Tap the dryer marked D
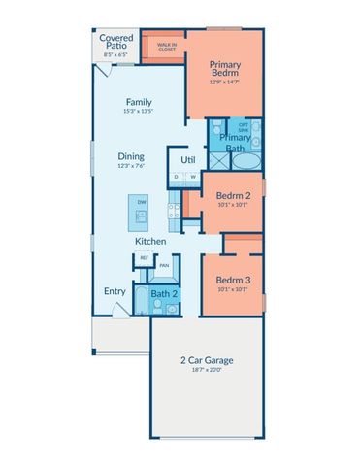click(x=177, y=177)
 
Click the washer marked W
click(x=192, y=177)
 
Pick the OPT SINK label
click(x=244, y=125)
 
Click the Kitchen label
click(x=149, y=241)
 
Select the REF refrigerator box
click(x=143, y=258)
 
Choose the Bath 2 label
click(x=163, y=293)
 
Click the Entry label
click(x=115, y=290)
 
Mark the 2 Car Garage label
click(x=205, y=360)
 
